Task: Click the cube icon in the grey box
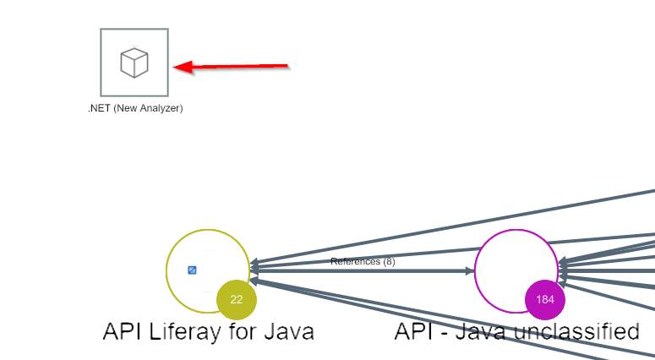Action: pyautogui.click(x=134, y=62)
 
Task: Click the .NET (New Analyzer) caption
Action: pyautogui.click(x=135, y=108)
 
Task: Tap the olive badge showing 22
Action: pyautogui.click(x=237, y=299)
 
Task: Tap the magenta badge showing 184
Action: pyautogui.click(x=544, y=299)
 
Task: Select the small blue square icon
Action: pyautogui.click(x=193, y=270)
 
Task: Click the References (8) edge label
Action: pyautogui.click(x=363, y=262)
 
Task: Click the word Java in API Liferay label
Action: pyautogui.click(x=287, y=331)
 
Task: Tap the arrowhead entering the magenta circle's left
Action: pyautogui.click(x=469, y=271)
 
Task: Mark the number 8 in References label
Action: pyautogui.click(x=389, y=262)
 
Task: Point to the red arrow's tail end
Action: pyautogui.click(x=287, y=64)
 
